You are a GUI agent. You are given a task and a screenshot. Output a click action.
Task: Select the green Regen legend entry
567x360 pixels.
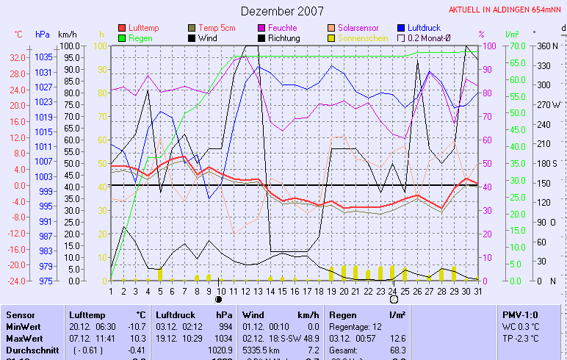(142, 37)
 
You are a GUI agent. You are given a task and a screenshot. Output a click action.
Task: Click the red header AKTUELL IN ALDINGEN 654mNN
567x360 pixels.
(506, 10)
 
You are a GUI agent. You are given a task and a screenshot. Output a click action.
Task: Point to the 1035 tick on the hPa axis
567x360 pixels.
(43, 57)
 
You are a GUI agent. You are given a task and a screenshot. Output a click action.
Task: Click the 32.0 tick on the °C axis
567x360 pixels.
(18, 57)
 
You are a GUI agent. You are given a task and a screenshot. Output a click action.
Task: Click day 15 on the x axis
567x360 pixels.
(282, 290)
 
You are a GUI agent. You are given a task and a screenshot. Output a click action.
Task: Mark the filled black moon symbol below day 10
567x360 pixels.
(219, 300)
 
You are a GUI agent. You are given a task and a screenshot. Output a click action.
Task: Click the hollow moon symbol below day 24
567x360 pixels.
(394, 300)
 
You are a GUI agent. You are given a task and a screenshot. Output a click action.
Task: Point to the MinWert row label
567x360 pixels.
(23, 325)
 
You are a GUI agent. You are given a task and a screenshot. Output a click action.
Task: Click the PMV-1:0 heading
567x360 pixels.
(519, 314)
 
